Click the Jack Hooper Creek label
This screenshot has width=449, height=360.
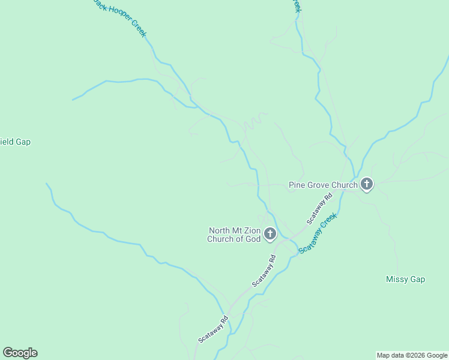[x=118, y=17]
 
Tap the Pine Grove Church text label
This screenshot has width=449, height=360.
[x=323, y=185]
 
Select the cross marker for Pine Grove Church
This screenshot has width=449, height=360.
[x=366, y=185]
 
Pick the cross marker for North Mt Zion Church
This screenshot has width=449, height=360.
[x=270, y=233]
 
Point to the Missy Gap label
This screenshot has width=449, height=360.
[x=405, y=280]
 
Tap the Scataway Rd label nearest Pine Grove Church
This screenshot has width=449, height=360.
[x=319, y=209]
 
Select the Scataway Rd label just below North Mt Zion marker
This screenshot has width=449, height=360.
[x=264, y=271]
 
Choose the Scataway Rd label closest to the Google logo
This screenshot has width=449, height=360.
[x=213, y=329]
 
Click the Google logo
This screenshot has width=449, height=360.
[x=20, y=353]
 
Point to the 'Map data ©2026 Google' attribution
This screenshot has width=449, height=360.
[x=412, y=355]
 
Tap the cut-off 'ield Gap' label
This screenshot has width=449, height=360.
[x=15, y=142]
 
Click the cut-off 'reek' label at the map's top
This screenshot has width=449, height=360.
[x=296, y=6]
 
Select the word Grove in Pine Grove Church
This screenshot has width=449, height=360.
[x=322, y=185]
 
